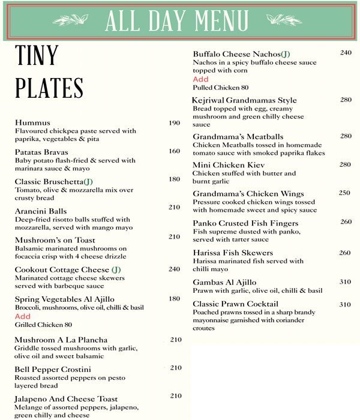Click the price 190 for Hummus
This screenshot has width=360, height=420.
click(x=174, y=123)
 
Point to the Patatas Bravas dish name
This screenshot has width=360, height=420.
click(x=41, y=152)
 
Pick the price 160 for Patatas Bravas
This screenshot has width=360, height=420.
click(x=174, y=151)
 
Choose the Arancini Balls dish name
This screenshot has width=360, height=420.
click(x=41, y=211)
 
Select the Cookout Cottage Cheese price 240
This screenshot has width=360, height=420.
click(x=174, y=269)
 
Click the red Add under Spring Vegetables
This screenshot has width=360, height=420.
click(x=22, y=316)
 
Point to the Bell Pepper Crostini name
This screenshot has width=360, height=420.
click(x=50, y=368)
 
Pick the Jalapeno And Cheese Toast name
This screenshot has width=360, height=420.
click(x=66, y=398)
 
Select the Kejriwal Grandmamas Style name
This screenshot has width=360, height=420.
click(x=244, y=100)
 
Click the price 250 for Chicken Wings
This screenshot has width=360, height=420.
click(x=344, y=193)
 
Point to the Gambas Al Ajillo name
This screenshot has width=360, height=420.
click(x=224, y=282)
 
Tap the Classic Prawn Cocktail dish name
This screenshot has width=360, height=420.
click(x=235, y=304)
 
